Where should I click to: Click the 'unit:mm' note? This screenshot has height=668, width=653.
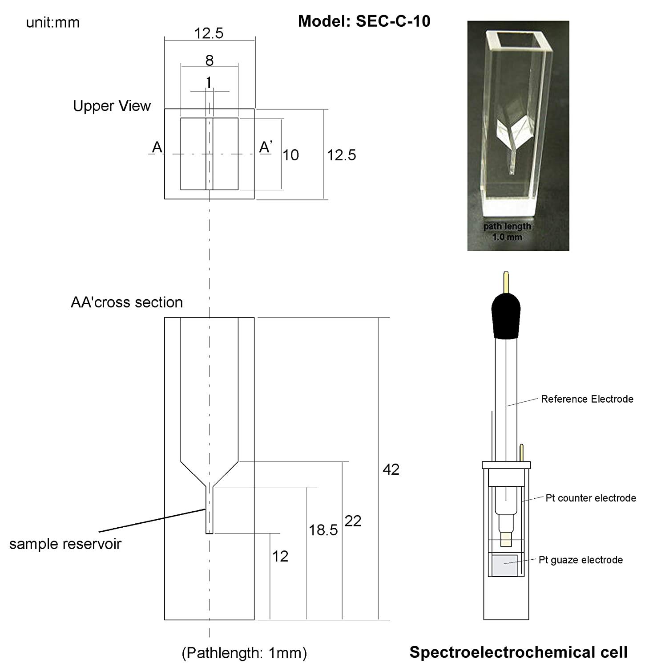[x=52, y=22]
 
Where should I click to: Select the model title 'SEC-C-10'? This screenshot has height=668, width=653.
[x=364, y=21]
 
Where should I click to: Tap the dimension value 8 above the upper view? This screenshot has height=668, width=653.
[x=210, y=60]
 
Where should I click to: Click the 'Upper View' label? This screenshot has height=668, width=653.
[x=112, y=106]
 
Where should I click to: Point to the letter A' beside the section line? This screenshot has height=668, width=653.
[x=266, y=147]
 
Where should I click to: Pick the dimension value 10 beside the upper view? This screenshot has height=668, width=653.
[x=290, y=155]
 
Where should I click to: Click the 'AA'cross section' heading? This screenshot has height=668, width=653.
[x=127, y=302]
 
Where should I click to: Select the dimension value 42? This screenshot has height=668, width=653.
[x=391, y=469]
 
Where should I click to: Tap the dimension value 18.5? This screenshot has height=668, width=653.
[x=323, y=530]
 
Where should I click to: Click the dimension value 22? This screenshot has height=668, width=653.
[x=353, y=521]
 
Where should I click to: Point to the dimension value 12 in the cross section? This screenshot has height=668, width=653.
[x=280, y=556]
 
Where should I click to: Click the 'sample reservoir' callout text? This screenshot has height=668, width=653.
[x=65, y=544]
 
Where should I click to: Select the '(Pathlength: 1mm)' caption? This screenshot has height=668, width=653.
[x=244, y=653]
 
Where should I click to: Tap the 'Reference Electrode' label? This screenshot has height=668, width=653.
[x=587, y=399]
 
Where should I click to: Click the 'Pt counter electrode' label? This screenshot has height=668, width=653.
[x=590, y=498]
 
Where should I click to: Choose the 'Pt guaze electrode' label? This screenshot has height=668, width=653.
[x=580, y=560]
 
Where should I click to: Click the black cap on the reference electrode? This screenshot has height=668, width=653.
[x=506, y=316]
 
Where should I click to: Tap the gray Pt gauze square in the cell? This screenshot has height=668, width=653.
[x=504, y=566]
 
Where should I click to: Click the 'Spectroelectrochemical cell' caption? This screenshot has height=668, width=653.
[x=518, y=652]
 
